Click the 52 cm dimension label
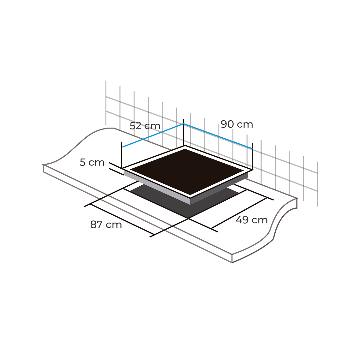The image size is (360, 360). pos(145,126)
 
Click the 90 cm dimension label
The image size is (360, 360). pos(237,124)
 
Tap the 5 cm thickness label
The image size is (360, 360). pos(92,162)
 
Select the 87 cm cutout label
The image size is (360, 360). pos(106,225)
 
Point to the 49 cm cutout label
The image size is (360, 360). pos(251,220)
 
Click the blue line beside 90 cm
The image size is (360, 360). pos(218,136)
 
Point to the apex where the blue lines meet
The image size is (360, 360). pos(183,124)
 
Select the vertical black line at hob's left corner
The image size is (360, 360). pos(122,155)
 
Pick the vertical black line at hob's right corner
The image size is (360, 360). pos(252,156)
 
